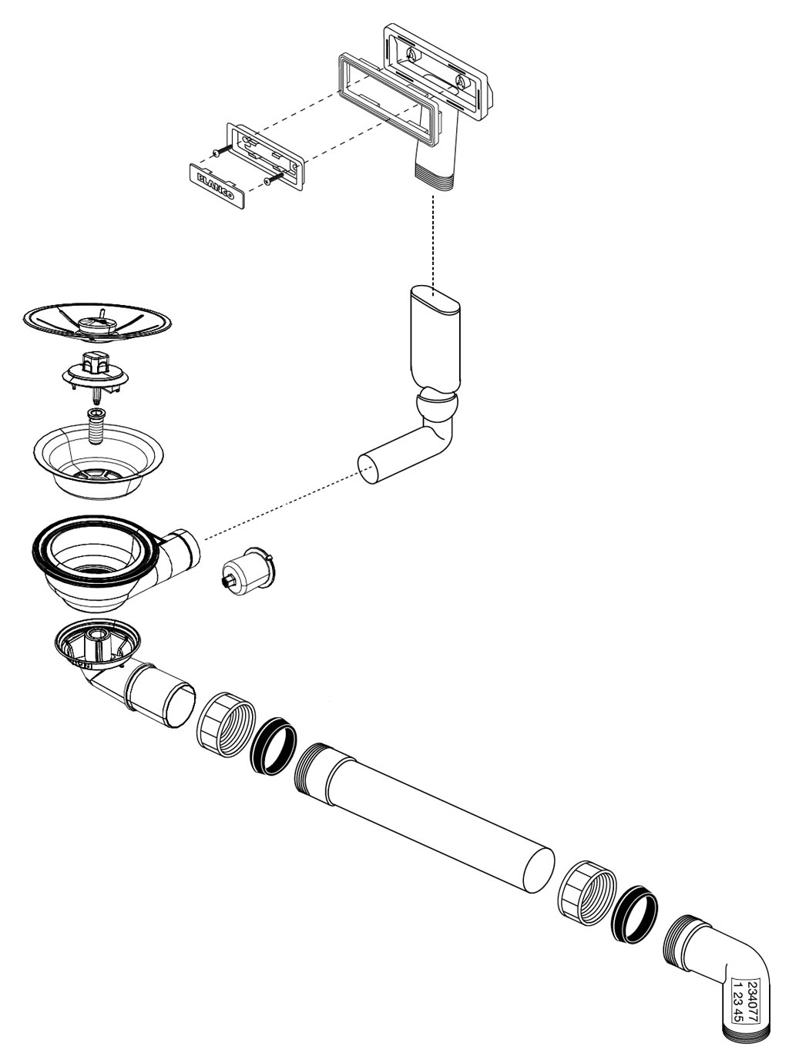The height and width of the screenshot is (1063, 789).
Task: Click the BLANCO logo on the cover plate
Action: click(215, 185)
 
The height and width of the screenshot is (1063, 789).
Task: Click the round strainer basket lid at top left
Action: click(97, 322)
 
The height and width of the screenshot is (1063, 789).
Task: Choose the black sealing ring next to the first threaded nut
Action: click(274, 746)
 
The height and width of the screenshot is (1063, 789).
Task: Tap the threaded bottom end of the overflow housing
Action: click(433, 178)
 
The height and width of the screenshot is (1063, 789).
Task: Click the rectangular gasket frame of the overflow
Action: click(389, 100)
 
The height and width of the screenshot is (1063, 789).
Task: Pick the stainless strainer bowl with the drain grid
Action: click(99, 461)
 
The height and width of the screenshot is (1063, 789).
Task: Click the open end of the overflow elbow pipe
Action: click(371, 469)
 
